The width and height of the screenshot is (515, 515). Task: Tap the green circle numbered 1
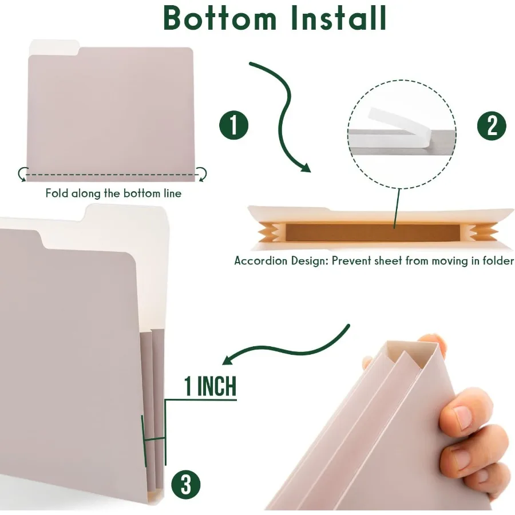[x=234, y=125]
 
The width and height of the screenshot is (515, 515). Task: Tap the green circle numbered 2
[x=493, y=125]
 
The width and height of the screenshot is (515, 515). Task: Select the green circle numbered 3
[x=185, y=485]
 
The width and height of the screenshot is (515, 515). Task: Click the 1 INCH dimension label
[x=209, y=387]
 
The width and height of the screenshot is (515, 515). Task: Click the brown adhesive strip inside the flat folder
[x=372, y=232]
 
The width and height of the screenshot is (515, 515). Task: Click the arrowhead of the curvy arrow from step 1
[x=304, y=167]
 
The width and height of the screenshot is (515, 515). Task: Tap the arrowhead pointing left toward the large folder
[x=228, y=359]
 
